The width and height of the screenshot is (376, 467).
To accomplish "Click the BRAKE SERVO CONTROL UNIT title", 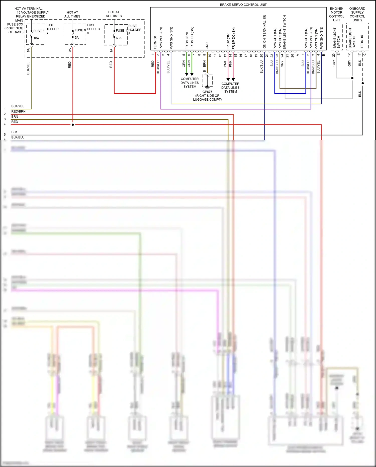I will click(x=243, y=5).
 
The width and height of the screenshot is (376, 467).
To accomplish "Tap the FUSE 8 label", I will click(x=39, y=31).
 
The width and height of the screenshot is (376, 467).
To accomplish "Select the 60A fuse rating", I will click(x=119, y=38).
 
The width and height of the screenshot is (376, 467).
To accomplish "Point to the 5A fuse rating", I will click(x=77, y=38).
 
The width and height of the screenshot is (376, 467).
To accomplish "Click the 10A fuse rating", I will click(x=36, y=38).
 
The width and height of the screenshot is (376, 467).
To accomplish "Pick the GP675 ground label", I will click(x=207, y=92).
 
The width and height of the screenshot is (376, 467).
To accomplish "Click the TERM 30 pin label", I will click(x=155, y=42).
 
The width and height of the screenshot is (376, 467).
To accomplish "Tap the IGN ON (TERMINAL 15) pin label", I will click(x=264, y=32).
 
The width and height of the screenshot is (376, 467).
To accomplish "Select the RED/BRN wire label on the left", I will click(x=18, y=111).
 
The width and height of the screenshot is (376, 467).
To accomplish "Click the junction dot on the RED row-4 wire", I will click(x=73, y=125).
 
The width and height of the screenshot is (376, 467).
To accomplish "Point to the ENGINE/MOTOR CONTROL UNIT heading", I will click(x=336, y=14).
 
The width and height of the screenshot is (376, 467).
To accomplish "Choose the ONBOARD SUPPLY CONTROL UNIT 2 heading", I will click(x=357, y=14).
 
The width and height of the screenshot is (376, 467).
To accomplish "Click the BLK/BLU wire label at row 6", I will click(x=18, y=137).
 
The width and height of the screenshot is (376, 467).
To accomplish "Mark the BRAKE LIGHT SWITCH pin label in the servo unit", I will click(x=285, y=32).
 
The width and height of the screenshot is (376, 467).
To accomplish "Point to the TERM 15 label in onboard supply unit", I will click(x=362, y=41).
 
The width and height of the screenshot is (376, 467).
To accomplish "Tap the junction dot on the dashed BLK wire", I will click(x=362, y=83).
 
